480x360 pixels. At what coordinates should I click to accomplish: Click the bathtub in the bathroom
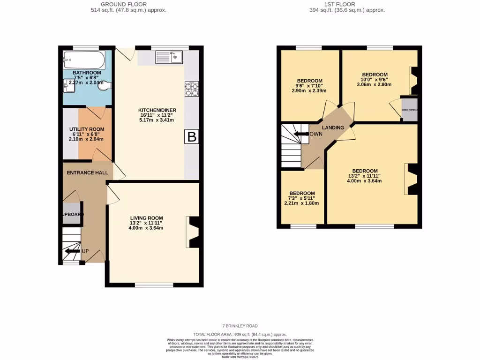click(x=83, y=59)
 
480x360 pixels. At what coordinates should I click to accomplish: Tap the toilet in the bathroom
click(x=106, y=86)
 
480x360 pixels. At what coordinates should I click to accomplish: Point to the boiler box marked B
click(x=192, y=137)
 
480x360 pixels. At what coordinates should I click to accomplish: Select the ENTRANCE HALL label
click(x=87, y=172)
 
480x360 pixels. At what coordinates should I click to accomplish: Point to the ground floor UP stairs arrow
click(x=73, y=252)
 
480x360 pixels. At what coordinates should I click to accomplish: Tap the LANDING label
click(x=333, y=127)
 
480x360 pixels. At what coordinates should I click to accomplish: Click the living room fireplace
click(x=193, y=232)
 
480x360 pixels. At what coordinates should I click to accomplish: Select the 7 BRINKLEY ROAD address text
click(x=240, y=326)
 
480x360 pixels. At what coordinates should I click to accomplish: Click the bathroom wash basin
click(x=68, y=86)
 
